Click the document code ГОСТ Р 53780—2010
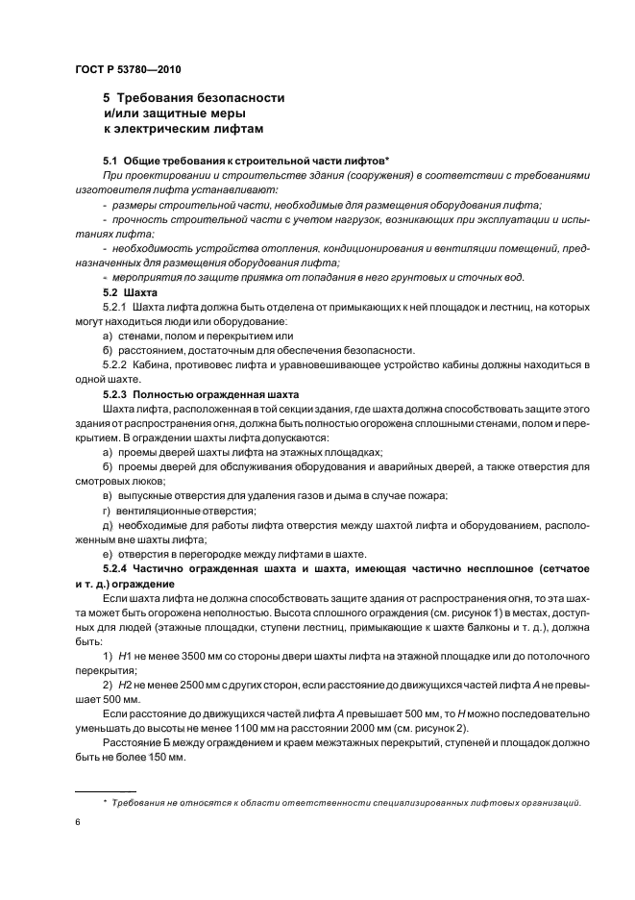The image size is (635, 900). point(127,70)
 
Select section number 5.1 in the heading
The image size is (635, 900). point(110,159)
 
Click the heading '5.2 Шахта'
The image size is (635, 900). point(130,291)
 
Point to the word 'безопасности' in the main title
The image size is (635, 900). point(236,98)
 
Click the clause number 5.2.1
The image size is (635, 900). point(115,306)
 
